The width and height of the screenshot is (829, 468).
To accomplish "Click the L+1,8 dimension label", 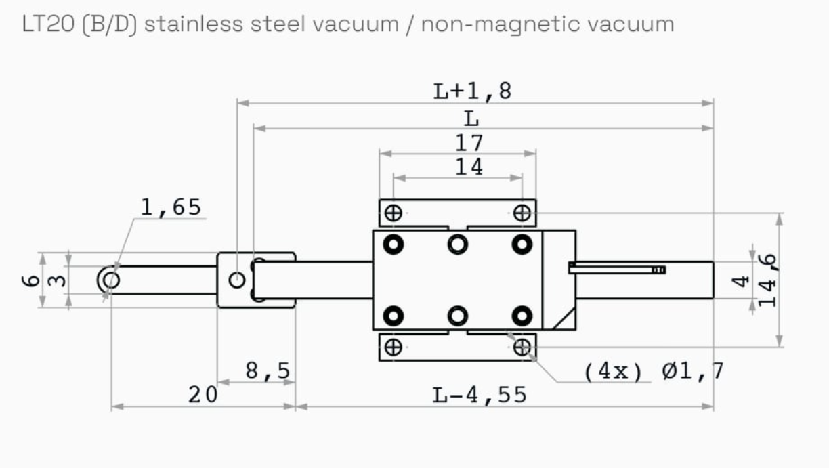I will (x=472, y=91).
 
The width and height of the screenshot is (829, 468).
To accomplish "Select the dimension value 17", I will (x=469, y=143).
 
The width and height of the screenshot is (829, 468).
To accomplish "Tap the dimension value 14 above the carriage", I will (x=469, y=167).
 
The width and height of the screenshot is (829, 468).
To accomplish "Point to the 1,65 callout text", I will (x=171, y=207).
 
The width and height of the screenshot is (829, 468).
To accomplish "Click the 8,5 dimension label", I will (x=268, y=371).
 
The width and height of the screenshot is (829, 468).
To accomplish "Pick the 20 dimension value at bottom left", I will (x=203, y=395).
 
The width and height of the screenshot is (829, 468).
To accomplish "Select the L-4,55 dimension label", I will (x=480, y=395).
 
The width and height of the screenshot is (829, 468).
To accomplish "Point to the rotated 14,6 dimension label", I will (x=767, y=280).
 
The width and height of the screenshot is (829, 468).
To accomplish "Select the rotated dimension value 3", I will (x=60, y=280).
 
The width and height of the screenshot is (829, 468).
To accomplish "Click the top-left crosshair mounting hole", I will (x=393, y=213).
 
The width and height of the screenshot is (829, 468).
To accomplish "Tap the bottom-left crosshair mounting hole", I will (x=393, y=347).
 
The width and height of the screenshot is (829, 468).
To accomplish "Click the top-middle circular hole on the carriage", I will (x=458, y=244).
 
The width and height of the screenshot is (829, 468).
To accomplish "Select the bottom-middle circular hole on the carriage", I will (x=458, y=316).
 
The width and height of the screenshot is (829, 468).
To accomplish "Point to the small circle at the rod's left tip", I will (x=112, y=280).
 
